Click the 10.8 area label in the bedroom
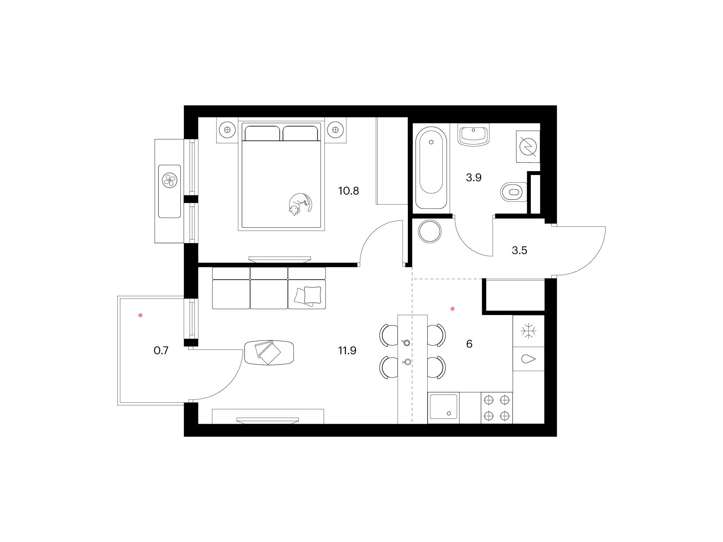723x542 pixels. [349, 191]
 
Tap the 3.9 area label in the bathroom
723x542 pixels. [474, 178]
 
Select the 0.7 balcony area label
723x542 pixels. [161, 351]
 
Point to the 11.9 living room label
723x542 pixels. [347, 351]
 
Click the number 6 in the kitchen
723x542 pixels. [469, 344]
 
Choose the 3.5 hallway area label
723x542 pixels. [520, 251]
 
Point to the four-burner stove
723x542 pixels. [497, 408]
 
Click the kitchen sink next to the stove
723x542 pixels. [443, 407]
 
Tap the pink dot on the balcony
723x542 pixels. [140, 315]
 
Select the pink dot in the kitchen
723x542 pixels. [453, 309]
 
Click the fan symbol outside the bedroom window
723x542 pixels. [170, 180]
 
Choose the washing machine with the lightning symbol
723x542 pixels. [528, 147]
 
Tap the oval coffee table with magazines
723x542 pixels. [269, 352]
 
